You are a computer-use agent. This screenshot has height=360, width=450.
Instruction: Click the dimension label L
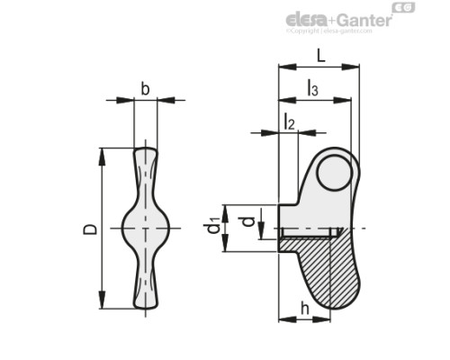[x=321, y=56]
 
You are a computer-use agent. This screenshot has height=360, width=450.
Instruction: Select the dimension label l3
[x=311, y=88]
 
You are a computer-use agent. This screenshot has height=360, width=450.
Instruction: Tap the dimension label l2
[x=289, y=121]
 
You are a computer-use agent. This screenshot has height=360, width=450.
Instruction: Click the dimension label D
[x=90, y=229]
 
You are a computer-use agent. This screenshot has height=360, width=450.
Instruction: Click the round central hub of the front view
[x=145, y=229]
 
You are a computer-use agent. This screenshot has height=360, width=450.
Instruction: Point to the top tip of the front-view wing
[x=145, y=150]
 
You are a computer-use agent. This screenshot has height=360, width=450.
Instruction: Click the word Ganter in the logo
[x=365, y=20]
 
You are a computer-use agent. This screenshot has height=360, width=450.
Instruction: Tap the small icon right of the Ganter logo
[x=408, y=10]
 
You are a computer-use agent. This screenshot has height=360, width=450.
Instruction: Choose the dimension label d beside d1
[x=246, y=219]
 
